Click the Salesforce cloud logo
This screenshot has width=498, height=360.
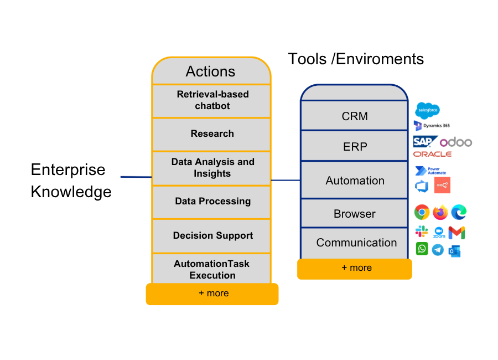coord(427,111)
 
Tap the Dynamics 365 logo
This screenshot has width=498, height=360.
coord(432,126)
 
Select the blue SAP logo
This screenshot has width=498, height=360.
coord(424,142)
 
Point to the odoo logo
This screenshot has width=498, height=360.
coord(456,142)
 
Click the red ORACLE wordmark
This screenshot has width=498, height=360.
coord(432,154)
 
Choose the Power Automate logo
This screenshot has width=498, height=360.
coord(430,171)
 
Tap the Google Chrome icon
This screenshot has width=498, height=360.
coord(422,212)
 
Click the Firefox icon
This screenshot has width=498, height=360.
coord(440,212)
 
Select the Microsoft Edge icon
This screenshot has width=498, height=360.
coord(459,212)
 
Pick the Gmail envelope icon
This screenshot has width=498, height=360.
coord(456,233)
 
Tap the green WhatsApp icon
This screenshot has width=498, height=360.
coord(422,249)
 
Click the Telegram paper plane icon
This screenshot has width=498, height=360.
coord(438,250)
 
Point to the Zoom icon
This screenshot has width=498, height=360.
coord(439,233)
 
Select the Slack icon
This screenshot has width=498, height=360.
coord(422,232)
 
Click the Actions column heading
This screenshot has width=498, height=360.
coord(210,71)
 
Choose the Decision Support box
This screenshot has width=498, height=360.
coord(212,236)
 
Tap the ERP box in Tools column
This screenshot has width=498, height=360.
coord(355,147)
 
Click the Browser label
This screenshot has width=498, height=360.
coord(355,214)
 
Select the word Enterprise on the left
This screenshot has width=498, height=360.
coord(68,169)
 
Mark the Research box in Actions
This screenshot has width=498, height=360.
coord(212,134)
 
